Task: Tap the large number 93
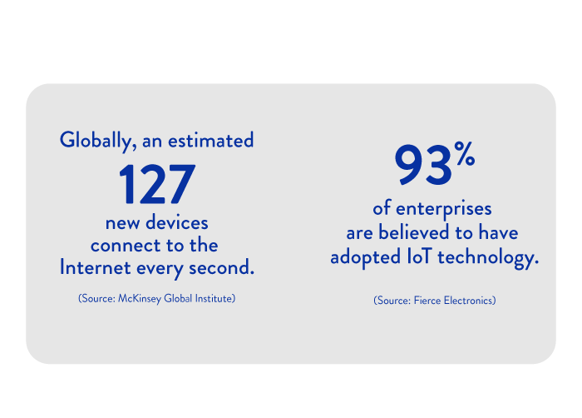pyautogui.click(x=422, y=166)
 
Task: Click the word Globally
pyautogui.click(x=91, y=141)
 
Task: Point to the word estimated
pyautogui.click(x=211, y=140)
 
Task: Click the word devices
pyautogui.click(x=177, y=223)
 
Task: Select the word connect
pyautogui.click(x=121, y=246)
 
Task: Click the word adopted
pyautogui.click(x=363, y=257)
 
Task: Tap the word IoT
pyautogui.click(x=418, y=257)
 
